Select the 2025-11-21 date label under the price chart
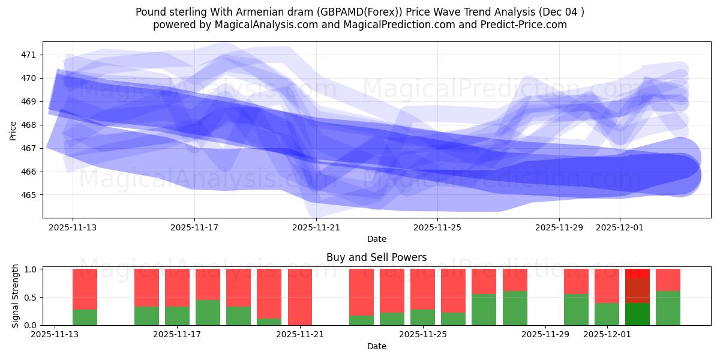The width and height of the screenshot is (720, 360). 316,227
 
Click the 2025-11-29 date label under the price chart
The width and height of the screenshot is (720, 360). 559,227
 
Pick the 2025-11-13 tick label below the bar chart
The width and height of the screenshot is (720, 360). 55,335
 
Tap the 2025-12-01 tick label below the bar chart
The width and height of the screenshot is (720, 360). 607,335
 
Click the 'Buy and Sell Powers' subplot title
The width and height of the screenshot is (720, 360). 376,257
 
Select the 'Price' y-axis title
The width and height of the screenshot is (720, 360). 13,130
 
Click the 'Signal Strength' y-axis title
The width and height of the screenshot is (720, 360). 16,296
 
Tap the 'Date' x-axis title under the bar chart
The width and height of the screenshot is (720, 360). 376,346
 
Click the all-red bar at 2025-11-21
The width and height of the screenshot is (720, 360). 299,297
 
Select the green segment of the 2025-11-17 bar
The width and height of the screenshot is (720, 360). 177,316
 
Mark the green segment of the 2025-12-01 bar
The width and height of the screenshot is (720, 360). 607,314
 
